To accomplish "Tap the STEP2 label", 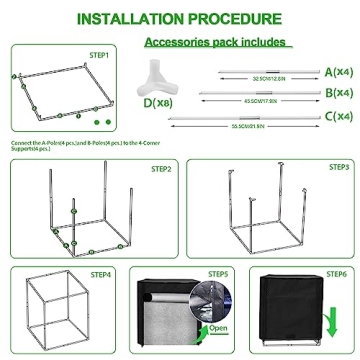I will click(161, 169).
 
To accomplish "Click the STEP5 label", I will click(218, 272).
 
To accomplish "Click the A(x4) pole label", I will click(338, 71).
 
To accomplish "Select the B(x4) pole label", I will click(338, 93).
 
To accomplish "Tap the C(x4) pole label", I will click(338, 118).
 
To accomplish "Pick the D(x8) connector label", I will click(156, 101).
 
